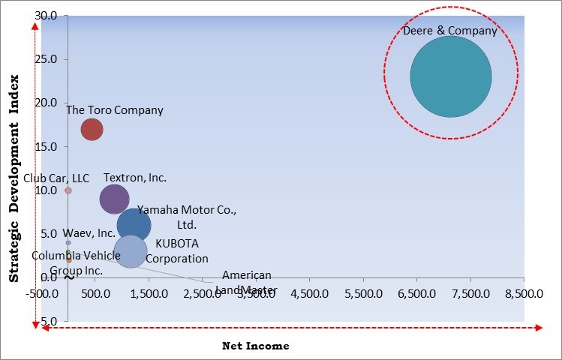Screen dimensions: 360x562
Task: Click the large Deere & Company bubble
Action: tap(450, 76)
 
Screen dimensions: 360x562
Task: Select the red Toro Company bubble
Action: tap(92, 129)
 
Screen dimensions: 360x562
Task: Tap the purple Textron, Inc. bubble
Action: tap(114, 199)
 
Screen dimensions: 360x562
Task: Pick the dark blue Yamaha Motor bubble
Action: tap(134, 225)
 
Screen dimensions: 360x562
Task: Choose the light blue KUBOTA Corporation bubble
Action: tap(130, 250)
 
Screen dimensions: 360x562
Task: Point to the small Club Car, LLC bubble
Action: tap(68, 190)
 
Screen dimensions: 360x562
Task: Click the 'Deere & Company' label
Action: tap(450, 31)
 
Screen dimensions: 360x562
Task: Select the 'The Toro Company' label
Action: tap(114, 110)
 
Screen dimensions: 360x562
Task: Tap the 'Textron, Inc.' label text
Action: tap(135, 178)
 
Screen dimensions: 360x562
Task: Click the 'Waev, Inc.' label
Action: tap(89, 233)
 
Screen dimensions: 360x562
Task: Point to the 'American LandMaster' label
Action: tap(247, 283)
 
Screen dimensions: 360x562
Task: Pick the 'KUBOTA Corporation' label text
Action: tap(177, 251)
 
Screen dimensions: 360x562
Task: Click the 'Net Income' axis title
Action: tap(255, 346)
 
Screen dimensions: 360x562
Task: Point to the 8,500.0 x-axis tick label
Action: tap(523, 293)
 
